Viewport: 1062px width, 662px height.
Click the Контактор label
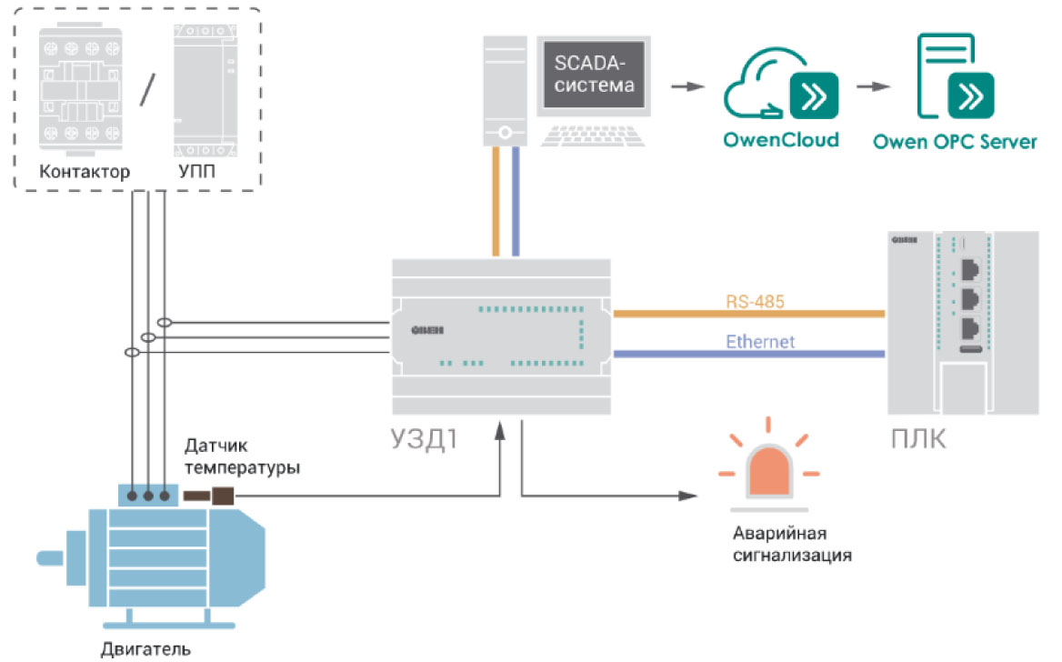click(85, 172)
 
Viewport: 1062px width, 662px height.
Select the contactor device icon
click(82, 88)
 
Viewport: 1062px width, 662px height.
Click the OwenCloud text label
click(780, 141)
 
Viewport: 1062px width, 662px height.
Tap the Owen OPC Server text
click(955, 142)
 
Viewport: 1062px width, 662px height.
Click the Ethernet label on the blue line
click(760, 342)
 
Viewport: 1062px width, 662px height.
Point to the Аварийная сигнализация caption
click(792, 543)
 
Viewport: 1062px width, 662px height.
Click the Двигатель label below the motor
click(145, 649)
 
